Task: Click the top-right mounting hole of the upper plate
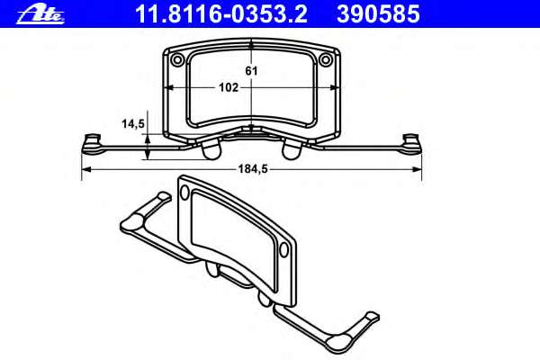pos(326,59)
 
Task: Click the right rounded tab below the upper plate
pos(292,150)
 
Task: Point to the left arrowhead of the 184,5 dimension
pos(85,169)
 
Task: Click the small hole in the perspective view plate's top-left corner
pos(187,192)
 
